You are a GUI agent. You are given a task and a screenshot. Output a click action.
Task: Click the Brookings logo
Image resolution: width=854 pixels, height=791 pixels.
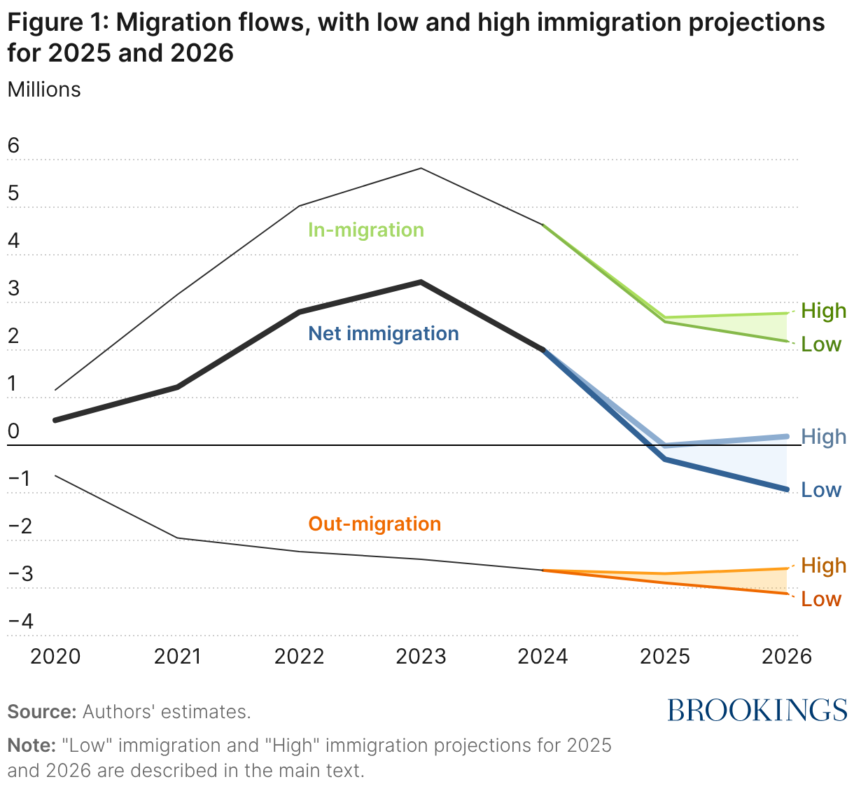coord(757,710)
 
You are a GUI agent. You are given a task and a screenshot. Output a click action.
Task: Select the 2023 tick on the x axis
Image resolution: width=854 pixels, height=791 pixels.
coord(421,657)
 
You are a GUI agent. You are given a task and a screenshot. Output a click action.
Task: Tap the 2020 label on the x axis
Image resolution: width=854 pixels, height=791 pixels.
coord(56,657)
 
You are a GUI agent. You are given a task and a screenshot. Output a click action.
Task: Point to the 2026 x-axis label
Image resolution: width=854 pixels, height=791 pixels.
coord(786,657)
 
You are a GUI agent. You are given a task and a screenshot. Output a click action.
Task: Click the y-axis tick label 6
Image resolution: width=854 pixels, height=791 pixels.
coord(13,146)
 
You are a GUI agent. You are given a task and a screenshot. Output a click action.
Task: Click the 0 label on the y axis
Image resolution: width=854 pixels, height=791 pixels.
coord(13,432)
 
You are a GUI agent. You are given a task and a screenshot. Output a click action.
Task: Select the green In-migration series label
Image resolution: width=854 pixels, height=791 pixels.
coord(366,230)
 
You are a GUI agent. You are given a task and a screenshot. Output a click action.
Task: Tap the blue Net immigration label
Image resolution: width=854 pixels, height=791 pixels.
coord(384,334)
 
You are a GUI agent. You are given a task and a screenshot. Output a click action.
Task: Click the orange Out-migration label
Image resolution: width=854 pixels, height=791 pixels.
coord(374,524)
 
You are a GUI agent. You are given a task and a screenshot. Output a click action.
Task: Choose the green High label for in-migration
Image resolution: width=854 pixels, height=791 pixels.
coord(823,311)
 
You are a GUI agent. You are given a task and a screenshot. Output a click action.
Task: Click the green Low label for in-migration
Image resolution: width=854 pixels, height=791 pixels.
coord(821,344)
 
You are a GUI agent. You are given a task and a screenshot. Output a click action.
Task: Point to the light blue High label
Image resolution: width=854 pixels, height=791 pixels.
coord(823,437)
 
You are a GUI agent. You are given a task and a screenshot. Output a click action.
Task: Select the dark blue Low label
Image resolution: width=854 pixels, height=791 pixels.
coord(821,490)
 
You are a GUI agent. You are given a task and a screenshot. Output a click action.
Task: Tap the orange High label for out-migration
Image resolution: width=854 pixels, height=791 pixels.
coord(823,566)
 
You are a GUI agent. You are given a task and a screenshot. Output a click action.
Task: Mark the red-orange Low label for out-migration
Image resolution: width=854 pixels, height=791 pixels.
coord(821,599)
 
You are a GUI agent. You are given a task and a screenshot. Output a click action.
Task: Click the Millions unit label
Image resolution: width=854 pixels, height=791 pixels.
coord(44,90)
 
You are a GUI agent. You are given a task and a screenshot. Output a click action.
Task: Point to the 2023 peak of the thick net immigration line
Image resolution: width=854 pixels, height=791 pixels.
coord(421,282)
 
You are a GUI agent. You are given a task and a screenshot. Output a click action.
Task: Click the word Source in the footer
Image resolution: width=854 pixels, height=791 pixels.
coord(41,713)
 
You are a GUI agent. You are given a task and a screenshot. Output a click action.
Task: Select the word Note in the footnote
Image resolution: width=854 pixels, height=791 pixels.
coord(31,745)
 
